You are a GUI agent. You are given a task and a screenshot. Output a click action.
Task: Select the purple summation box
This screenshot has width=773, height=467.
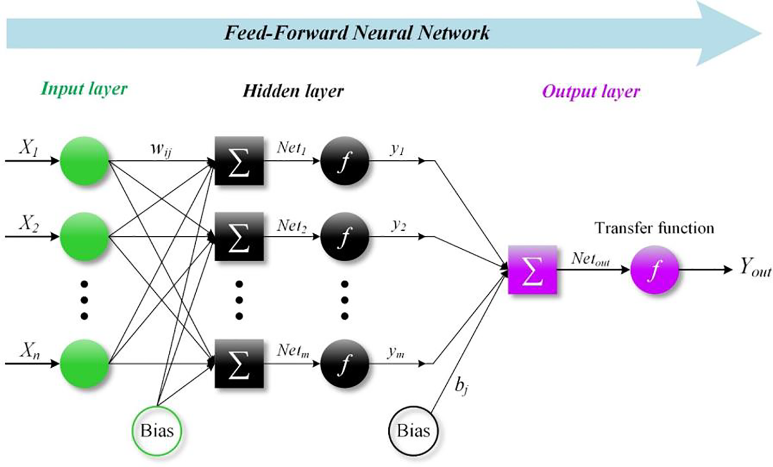532,269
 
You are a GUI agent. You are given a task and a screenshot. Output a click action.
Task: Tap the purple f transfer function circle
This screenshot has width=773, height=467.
654,269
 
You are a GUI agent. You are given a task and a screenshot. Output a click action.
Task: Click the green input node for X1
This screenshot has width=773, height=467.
84,161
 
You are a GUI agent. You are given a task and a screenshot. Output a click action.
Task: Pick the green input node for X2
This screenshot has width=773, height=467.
84,237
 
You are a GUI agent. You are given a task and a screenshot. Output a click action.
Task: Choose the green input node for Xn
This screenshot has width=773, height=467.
84,364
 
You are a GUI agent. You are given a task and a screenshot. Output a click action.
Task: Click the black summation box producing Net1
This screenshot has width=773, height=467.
239,161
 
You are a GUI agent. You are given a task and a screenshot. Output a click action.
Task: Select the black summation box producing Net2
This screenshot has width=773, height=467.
239,237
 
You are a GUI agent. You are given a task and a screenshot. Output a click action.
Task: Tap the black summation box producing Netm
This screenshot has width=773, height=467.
239,364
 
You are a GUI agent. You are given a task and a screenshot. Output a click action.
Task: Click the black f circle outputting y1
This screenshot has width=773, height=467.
345,161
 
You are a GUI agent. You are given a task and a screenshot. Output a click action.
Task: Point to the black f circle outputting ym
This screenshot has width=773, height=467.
345,364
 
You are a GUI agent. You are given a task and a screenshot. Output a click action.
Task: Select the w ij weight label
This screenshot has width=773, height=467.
161,149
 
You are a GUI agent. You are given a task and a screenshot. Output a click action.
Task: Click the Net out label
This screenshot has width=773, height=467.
590,259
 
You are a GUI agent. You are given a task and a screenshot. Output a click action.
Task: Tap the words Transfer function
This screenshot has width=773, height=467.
654,228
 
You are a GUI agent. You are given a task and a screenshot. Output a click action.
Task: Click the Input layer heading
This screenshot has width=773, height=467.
84,89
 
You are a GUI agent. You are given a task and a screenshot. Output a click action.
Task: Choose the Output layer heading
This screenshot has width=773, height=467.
591,92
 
